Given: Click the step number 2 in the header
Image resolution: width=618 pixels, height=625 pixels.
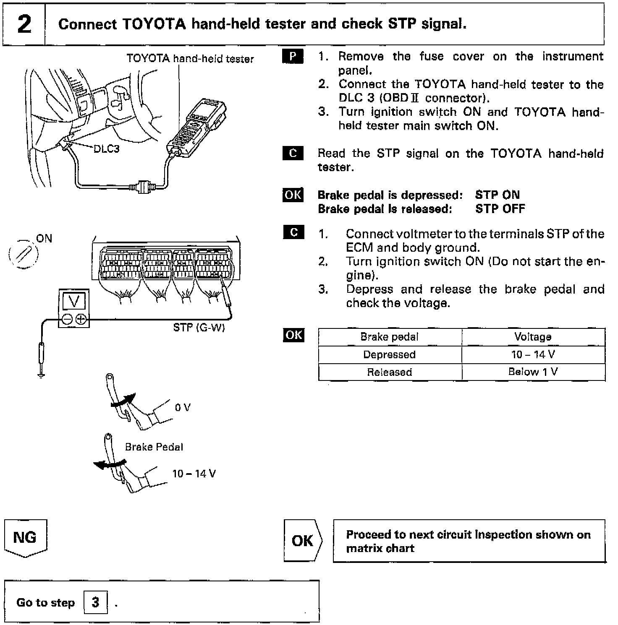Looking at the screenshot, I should [24, 24].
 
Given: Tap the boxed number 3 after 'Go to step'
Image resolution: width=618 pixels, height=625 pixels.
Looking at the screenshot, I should [95, 602].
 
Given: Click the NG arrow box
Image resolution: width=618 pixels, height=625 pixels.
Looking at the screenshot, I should [25, 538].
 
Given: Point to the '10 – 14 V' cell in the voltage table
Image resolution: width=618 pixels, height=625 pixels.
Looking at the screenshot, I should [533, 354].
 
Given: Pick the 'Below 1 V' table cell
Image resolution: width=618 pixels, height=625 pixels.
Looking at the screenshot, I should [533, 372].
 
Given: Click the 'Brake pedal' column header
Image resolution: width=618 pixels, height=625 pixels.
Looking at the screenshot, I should [389, 337].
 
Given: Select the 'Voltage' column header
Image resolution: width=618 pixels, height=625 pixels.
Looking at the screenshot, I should [533, 337].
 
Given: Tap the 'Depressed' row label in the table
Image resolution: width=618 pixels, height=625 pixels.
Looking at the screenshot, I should [389, 354].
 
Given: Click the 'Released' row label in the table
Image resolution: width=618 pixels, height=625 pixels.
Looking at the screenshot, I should [389, 372].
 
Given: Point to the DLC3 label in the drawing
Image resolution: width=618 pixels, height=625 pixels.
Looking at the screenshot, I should [106, 149].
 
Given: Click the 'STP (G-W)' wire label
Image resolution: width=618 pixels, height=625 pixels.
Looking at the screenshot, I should [199, 328].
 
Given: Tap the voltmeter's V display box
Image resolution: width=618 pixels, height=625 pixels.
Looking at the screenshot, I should [74, 301].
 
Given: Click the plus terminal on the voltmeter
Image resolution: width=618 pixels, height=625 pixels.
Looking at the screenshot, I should [81, 320].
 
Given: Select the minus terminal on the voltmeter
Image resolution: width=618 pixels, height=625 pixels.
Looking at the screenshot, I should [67, 320].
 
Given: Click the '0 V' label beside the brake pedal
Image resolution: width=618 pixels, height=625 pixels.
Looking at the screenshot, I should [183, 407].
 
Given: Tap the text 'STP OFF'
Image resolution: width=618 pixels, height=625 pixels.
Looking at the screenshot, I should [500, 209].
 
